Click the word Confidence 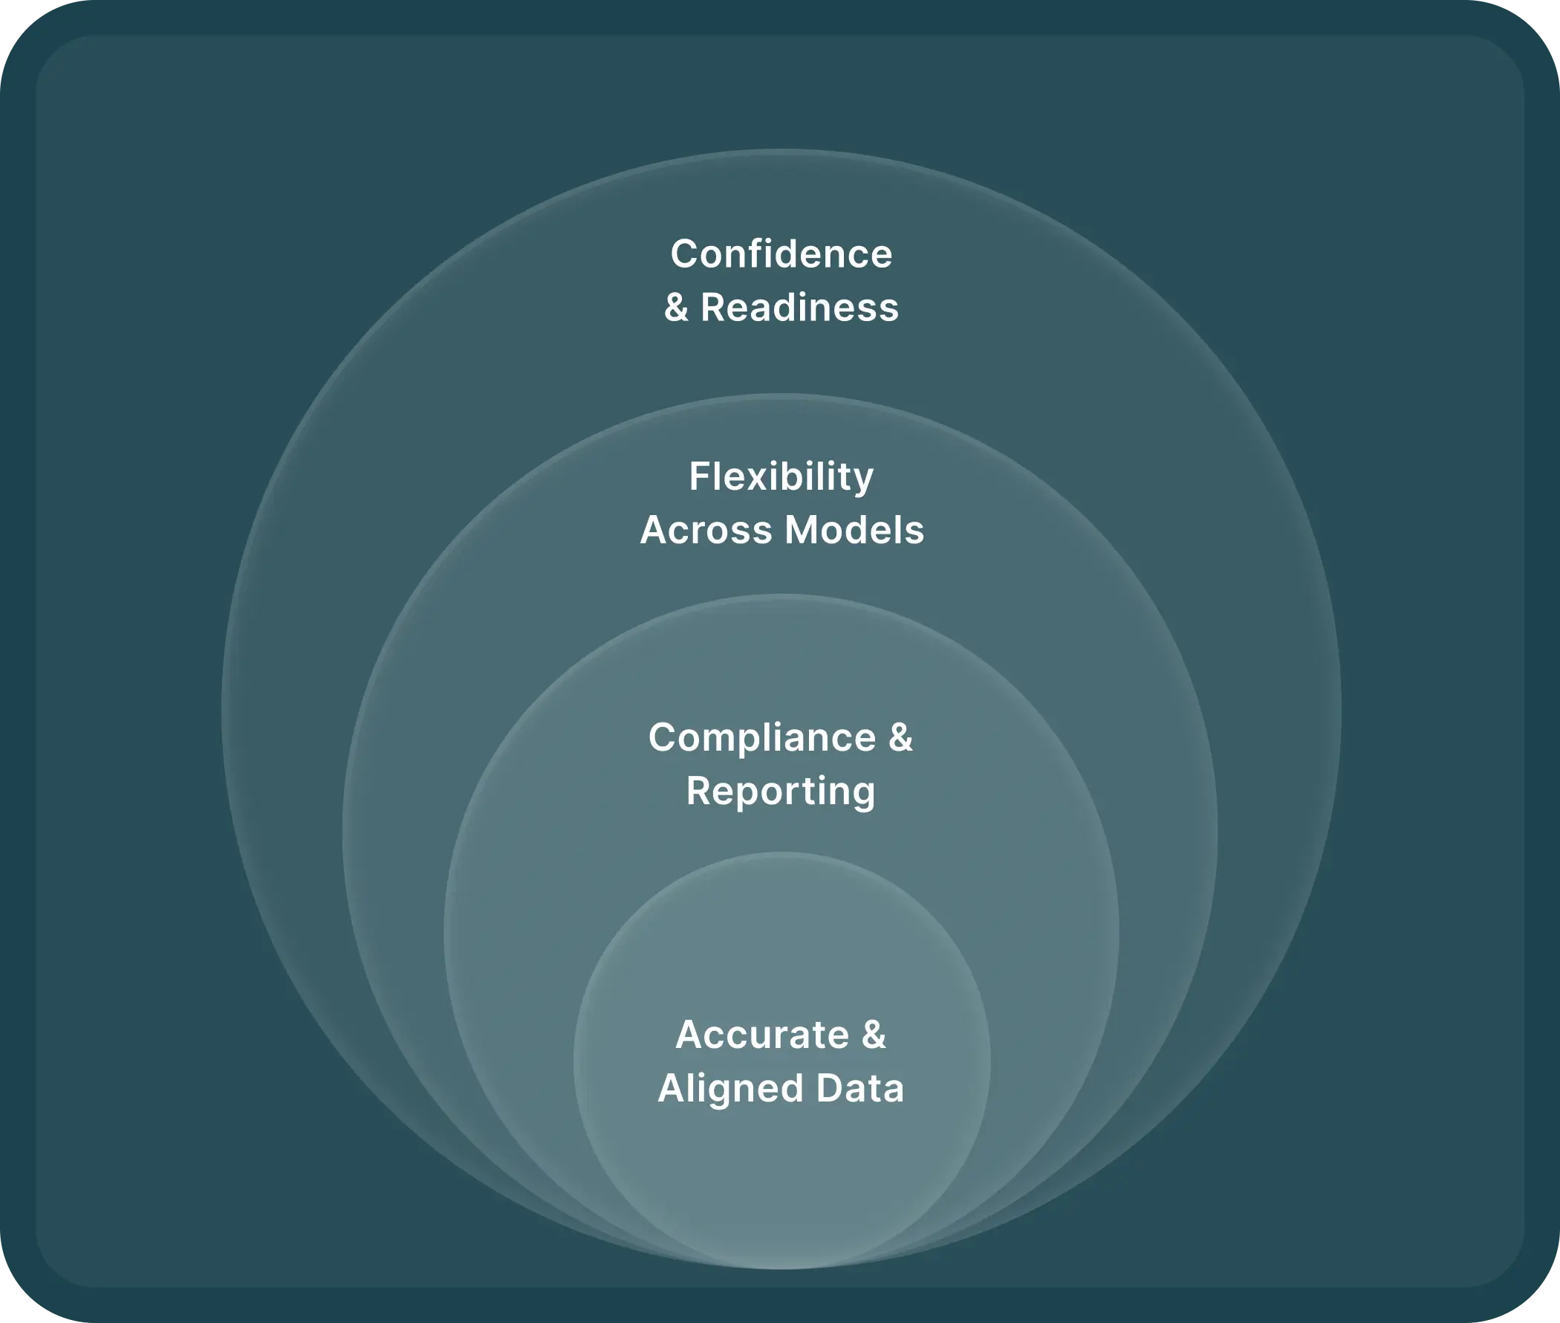[x=781, y=254]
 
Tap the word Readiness [x=799, y=308]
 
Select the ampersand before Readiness [x=676, y=308]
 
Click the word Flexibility [x=781, y=477]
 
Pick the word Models [x=854, y=530]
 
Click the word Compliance [x=761, y=737]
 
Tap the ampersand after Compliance [x=900, y=737]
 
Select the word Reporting [x=781, y=792]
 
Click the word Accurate [x=761, y=1035]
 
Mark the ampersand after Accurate [x=874, y=1035]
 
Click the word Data [x=859, y=1088]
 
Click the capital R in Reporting [x=698, y=791]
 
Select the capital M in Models [x=802, y=530]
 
